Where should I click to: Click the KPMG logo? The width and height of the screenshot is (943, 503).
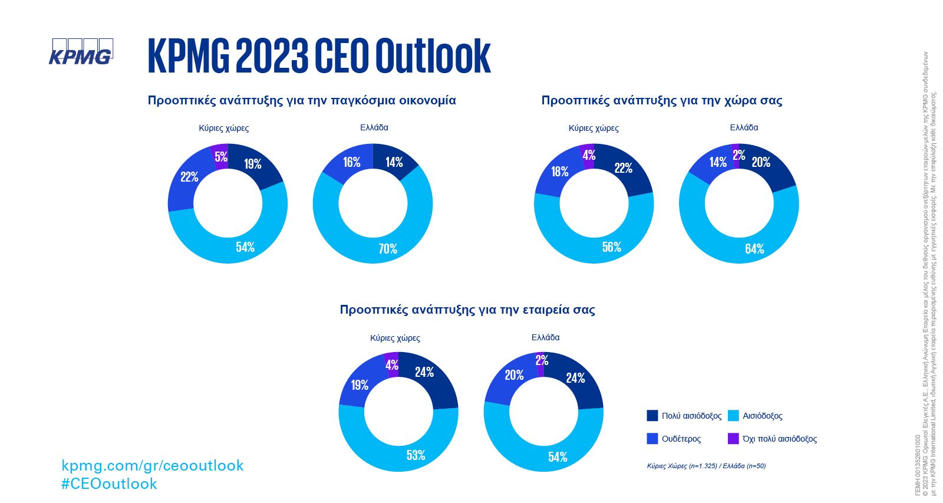81,52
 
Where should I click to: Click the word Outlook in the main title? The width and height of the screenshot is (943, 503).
433,56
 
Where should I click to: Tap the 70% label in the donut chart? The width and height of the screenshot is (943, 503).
388,249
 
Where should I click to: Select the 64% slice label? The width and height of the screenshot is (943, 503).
754,249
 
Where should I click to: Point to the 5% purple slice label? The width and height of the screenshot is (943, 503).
221,157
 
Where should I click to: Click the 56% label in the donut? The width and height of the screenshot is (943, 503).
612,247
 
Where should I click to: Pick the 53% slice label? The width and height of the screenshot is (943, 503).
416,455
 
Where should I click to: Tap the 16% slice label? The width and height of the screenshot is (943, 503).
352,162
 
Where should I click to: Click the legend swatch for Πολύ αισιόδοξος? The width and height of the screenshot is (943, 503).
652,416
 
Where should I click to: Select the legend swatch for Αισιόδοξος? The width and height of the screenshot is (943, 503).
733,416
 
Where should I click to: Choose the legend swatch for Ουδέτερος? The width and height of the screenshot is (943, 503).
652,439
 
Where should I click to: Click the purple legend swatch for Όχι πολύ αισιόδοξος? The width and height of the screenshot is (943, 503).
733,439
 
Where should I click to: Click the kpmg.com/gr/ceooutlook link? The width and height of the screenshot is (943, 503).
152,466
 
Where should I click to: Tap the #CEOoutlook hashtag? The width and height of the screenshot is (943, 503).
109,484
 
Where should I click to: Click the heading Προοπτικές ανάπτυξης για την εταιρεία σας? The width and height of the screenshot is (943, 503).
467,310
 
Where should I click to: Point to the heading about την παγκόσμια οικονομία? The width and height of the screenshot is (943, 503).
302,100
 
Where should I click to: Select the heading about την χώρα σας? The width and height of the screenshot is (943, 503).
662,100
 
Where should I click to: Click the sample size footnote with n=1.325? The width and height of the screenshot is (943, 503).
706,466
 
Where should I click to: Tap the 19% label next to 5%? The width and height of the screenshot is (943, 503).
253,164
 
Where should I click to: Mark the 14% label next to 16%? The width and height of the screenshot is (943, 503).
394,162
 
